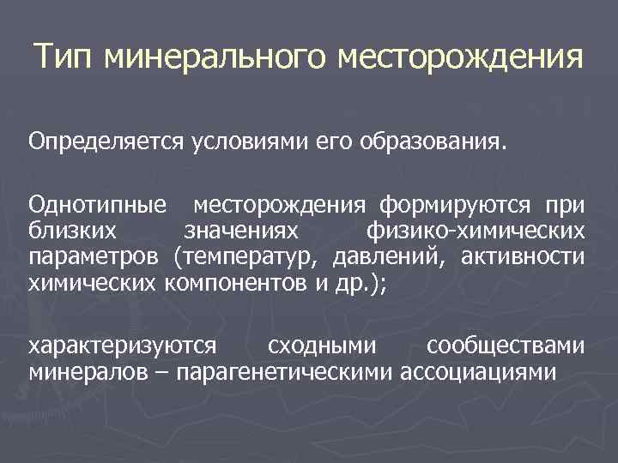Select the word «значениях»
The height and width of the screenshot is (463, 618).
click(242, 231)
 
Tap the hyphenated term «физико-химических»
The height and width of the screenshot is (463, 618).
click(476, 231)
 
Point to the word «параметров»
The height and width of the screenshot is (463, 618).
click(93, 256)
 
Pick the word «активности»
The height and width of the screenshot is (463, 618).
click(523, 256)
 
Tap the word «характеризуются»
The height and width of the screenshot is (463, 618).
click(122, 346)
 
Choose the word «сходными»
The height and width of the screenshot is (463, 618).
click(322, 346)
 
